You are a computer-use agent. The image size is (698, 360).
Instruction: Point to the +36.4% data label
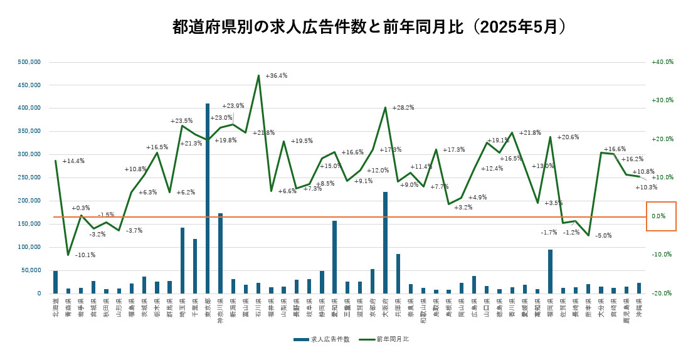pos(277,76)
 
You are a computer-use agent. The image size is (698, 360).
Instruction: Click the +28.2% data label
pos(403,108)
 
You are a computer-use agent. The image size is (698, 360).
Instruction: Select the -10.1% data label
pos(85,255)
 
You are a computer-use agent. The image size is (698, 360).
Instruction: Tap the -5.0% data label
pos(603,236)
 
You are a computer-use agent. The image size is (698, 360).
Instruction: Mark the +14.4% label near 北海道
pos(73,161)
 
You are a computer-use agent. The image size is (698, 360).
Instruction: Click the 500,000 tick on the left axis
pos(29,62)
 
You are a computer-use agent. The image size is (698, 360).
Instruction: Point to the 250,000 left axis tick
pos(29,177)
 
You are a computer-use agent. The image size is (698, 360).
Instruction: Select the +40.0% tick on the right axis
pos(662,62)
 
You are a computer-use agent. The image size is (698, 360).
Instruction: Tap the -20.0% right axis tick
pos(662,294)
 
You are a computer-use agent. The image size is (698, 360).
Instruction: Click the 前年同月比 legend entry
pos(393,339)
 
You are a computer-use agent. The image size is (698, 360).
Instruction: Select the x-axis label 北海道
pos(56,309)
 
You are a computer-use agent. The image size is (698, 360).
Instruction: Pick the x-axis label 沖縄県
pos(638,309)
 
